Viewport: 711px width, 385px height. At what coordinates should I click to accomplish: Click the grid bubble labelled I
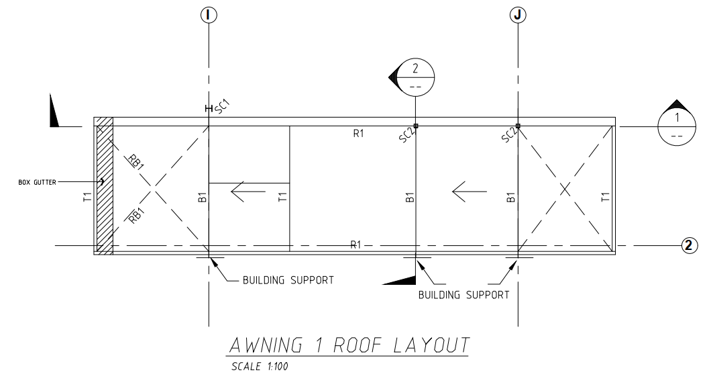pyautogui.click(x=210, y=13)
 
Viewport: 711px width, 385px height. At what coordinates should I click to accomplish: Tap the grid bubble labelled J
pyautogui.click(x=518, y=13)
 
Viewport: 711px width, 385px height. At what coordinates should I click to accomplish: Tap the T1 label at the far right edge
pyautogui.click(x=605, y=197)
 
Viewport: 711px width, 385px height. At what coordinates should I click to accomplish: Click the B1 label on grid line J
pyautogui.click(x=510, y=197)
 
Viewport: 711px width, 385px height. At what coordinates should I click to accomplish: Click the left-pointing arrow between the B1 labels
pyautogui.click(x=468, y=192)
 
